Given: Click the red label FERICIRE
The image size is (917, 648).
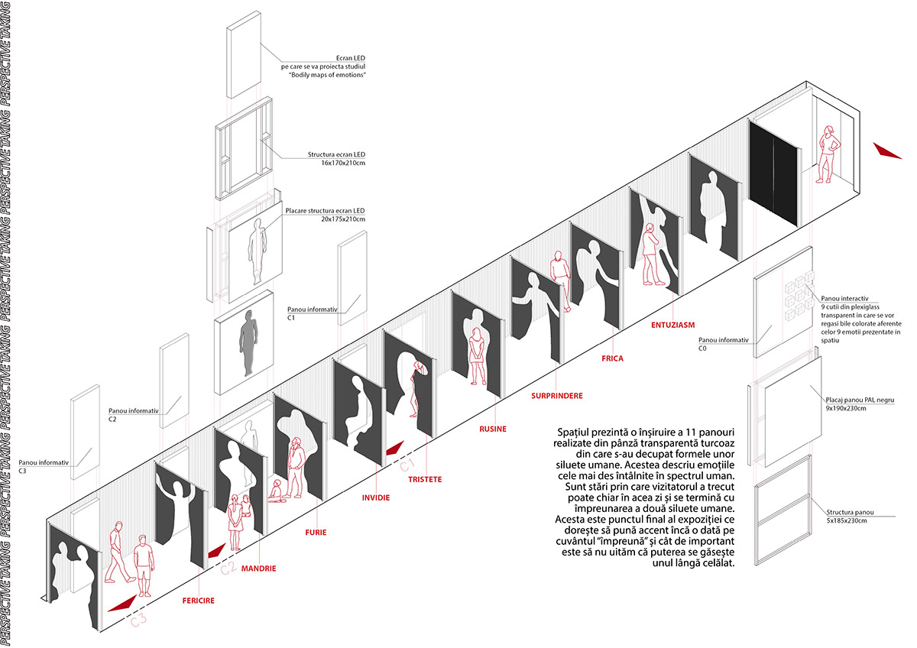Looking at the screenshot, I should pyautogui.click(x=198, y=601).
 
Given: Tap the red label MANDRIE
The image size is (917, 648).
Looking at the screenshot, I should pyautogui.click(x=258, y=569).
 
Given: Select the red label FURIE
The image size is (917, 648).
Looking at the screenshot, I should pyautogui.click(x=316, y=532).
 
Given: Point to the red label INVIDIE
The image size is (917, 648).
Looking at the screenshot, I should pyautogui.click(x=376, y=497).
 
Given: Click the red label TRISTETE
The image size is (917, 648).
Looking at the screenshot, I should pyautogui.click(x=425, y=479).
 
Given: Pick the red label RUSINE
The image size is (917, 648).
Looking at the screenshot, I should pyautogui.click(x=493, y=429).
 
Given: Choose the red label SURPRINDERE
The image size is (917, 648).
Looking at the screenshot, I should pyautogui.click(x=557, y=396).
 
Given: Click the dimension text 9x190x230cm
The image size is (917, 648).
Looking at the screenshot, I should pyautogui.click(x=846, y=409).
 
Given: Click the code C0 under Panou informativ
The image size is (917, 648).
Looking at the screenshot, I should pyautogui.click(x=702, y=348).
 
